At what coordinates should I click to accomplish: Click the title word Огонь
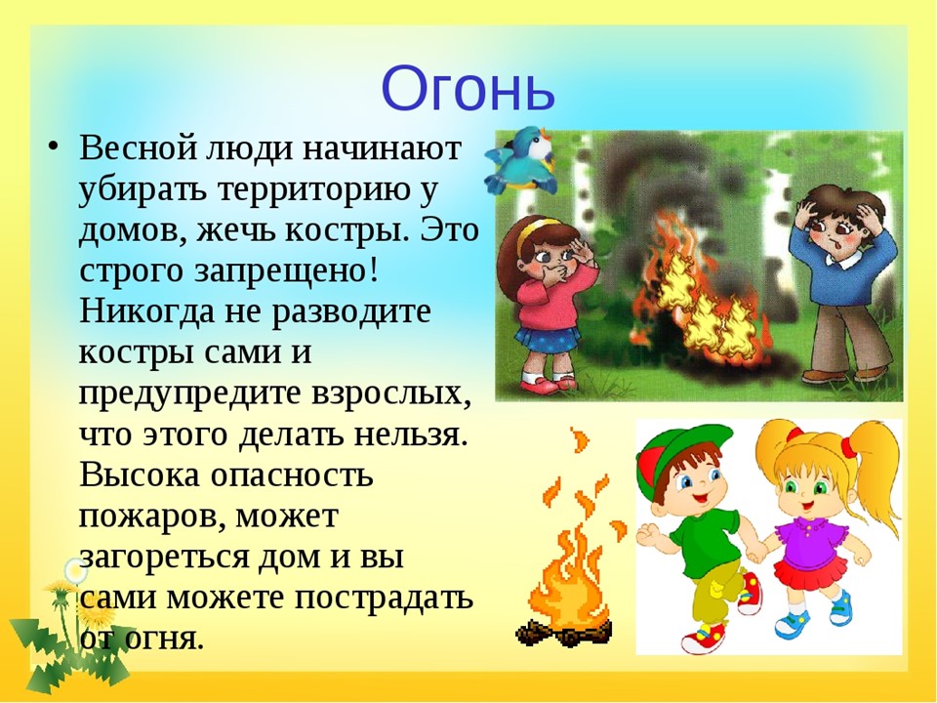pyautogui.click(x=468, y=89)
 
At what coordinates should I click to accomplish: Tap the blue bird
pyautogui.click(x=520, y=160)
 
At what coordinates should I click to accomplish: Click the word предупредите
pyautogui.click(x=190, y=393)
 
